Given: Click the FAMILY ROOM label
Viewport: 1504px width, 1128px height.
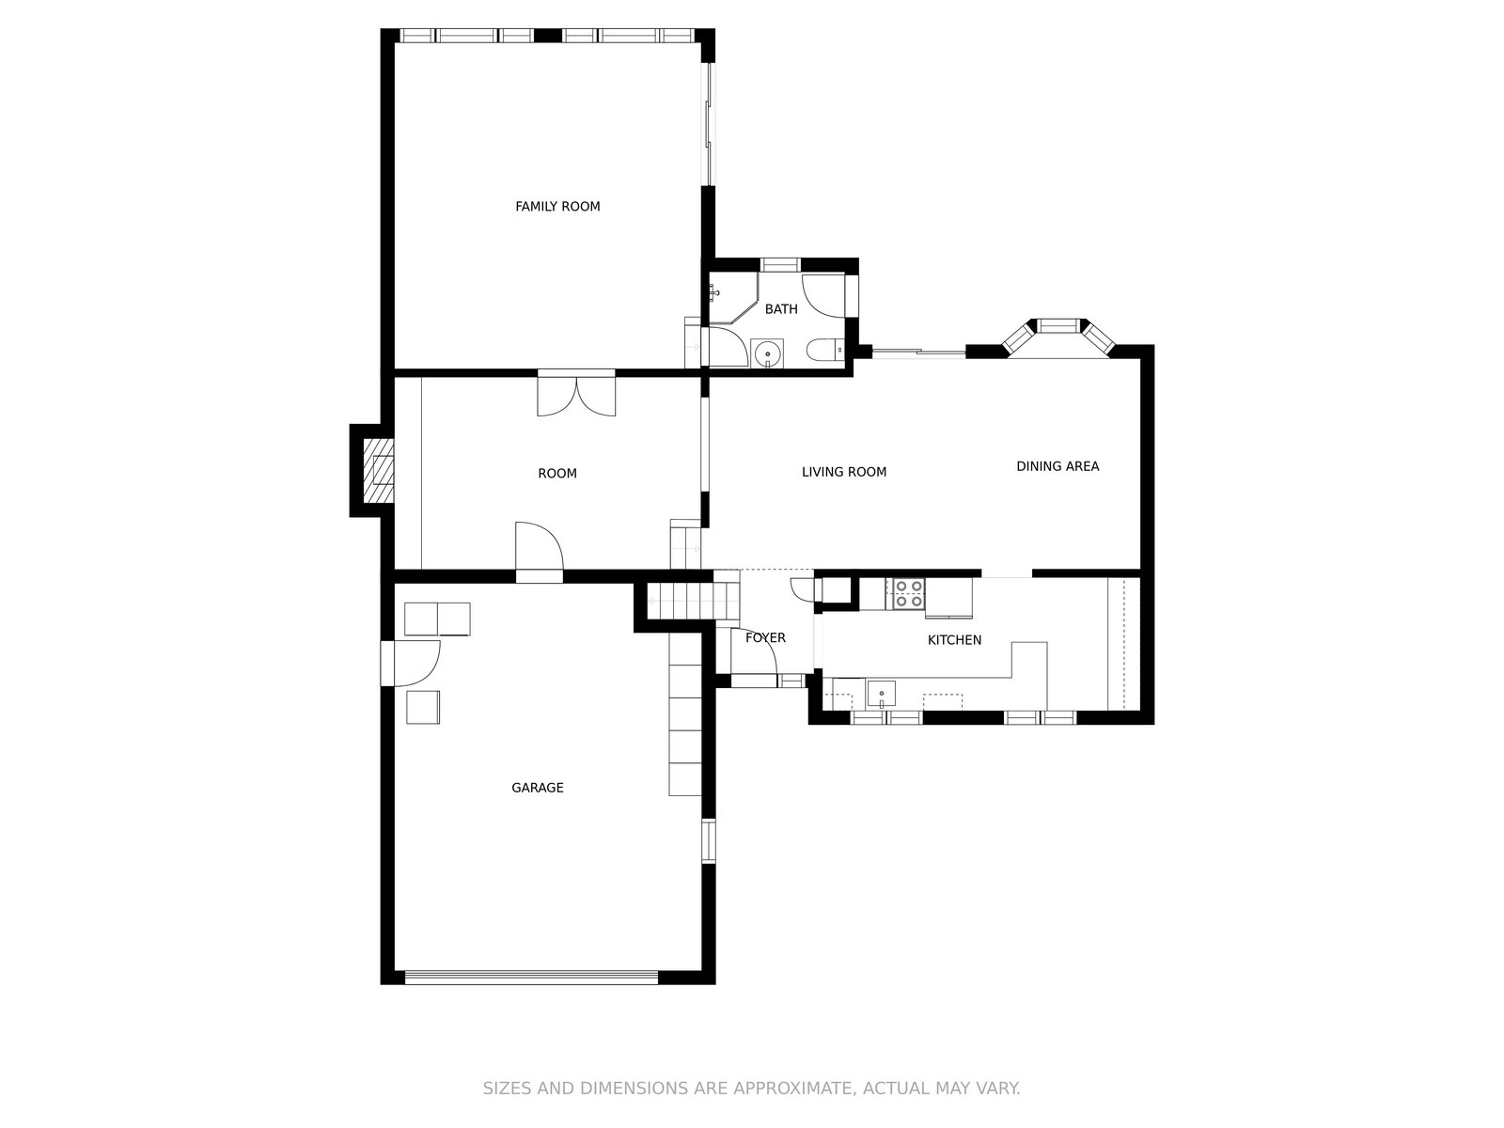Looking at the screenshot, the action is (x=557, y=206).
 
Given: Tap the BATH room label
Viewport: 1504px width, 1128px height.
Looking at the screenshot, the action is (x=781, y=309).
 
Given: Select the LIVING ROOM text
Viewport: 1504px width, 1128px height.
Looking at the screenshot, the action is (x=843, y=472).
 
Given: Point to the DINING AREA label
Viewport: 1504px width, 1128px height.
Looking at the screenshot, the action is (x=1057, y=466).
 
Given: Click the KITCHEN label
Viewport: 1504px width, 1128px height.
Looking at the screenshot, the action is (x=954, y=640).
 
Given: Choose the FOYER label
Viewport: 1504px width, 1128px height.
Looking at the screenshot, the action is (x=765, y=637).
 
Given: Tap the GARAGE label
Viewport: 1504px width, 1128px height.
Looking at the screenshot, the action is (x=537, y=788).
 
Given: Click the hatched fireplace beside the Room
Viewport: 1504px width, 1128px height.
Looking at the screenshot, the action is (x=378, y=471).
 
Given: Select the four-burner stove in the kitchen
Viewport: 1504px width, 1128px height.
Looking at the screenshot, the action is (x=909, y=594).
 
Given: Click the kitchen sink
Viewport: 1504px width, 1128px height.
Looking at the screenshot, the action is (x=881, y=694).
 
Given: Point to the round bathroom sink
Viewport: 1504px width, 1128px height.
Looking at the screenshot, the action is (x=768, y=353).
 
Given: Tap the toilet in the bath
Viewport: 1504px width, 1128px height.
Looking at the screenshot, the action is (x=825, y=351).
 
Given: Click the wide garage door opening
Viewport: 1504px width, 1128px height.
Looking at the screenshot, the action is (x=531, y=978).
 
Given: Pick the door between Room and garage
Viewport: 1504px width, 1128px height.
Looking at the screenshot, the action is (x=540, y=552).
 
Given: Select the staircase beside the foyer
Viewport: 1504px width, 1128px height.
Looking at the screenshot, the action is (x=694, y=601).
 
